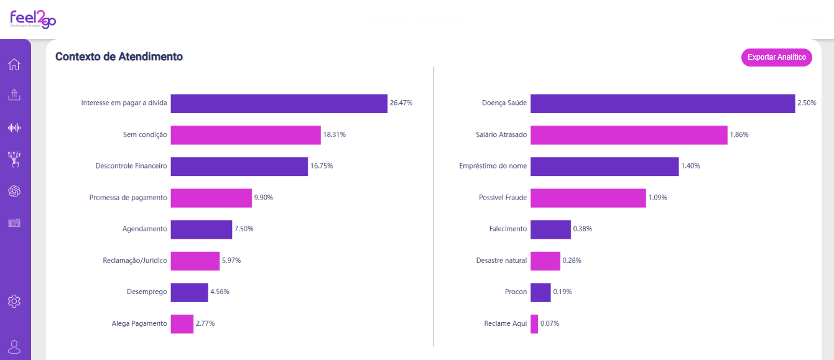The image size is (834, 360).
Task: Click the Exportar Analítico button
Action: tap(776, 57)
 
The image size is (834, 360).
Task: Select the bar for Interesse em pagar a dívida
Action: tap(279, 103)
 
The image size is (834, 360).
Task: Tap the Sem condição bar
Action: tap(246, 135)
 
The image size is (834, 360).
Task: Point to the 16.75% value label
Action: tap(322, 165)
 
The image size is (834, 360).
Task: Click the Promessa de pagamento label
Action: tap(128, 197)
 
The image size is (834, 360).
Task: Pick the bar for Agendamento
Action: tap(202, 229)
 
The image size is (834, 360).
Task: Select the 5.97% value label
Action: tap(231, 261)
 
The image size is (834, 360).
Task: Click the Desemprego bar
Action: tap(190, 292)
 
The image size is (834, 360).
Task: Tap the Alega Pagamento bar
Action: tap(182, 324)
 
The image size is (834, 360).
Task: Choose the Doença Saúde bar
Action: tap(663, 103)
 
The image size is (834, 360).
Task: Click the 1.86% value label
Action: tap(739, 134)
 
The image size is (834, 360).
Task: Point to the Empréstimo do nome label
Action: tap(493, 165)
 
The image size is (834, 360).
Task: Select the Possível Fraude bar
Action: tap(588, 198)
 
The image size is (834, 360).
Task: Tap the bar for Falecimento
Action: tap(550, 229)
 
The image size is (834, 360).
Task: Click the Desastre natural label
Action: tap(501, 261)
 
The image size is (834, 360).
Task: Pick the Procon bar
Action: tap(540, 292)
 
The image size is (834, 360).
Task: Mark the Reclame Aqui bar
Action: tap(534, 324)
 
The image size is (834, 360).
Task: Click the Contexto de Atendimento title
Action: tap(119, 57)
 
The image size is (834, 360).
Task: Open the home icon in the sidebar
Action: tap(14, 65)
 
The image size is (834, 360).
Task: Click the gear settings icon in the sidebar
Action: tap(14, 301)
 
